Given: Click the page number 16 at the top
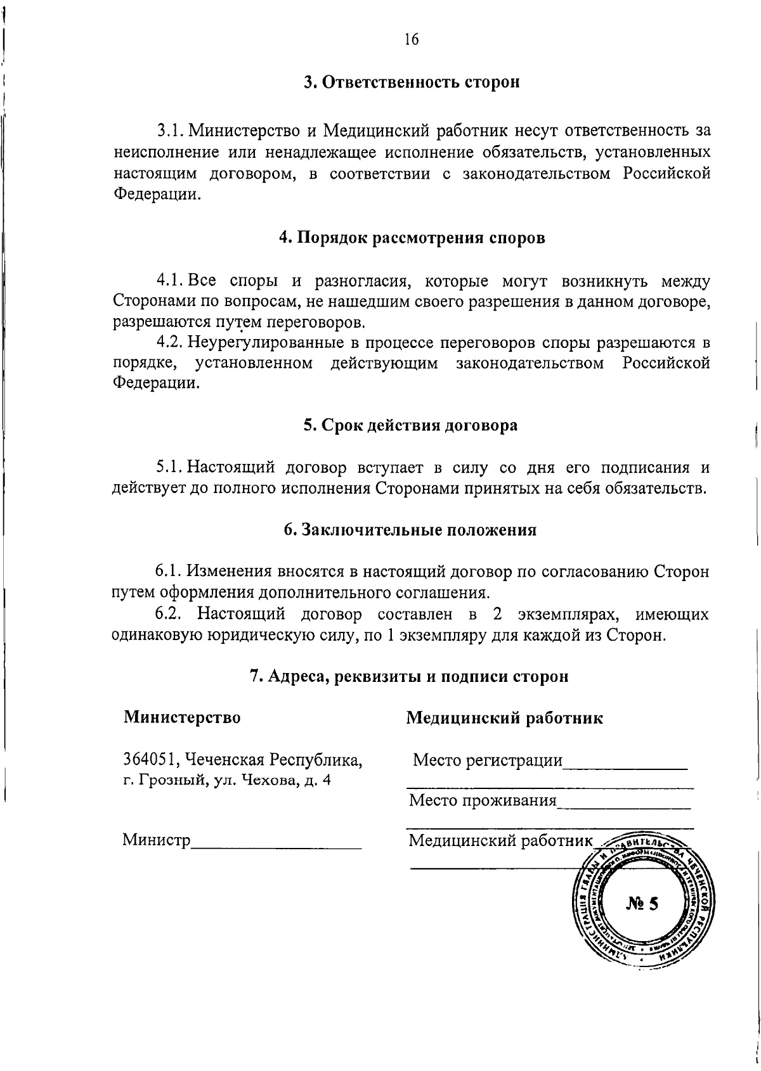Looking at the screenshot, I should (411, 40).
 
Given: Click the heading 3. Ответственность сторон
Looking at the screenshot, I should (411, 83).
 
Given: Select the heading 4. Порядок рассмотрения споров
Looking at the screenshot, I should (411, 238).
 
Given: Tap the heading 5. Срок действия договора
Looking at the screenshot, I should (410, 425).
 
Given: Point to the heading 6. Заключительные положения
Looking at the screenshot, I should (410, 530).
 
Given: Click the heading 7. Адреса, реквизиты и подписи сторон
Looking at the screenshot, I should (409, 676).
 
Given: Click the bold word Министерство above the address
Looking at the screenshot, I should (182, 717).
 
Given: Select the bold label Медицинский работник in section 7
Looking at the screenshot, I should (504, 717).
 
